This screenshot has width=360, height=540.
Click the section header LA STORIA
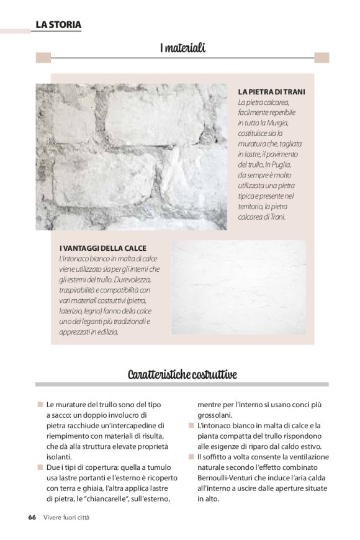coord(58,25)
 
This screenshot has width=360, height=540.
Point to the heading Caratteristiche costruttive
coord(182,374)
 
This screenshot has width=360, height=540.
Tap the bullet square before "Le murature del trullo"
coord(40,404)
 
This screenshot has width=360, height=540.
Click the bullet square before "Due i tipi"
coord(40,467)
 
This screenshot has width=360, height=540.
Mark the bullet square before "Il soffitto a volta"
coord(191,456)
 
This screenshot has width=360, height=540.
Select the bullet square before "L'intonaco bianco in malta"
coord(191,425)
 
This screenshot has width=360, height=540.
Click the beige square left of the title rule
coord(43,58)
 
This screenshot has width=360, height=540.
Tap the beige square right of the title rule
coord(321,58)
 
